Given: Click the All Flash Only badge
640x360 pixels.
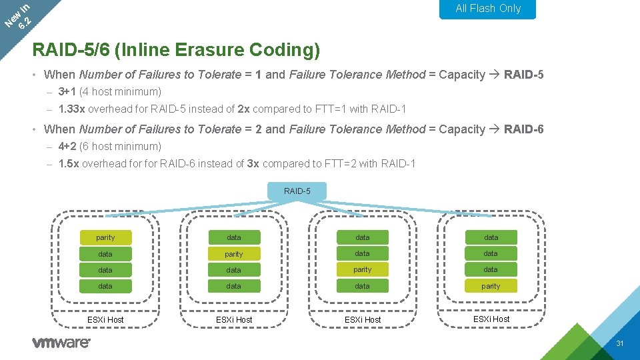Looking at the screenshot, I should [x=488, y=9].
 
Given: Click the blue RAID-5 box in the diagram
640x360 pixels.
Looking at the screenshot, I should [x=297, y=191].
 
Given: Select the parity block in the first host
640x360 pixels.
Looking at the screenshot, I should [x=105, y=237].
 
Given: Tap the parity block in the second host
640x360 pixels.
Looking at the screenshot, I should [x=234, y=254].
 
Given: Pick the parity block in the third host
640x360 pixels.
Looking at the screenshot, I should [x=363, y=270].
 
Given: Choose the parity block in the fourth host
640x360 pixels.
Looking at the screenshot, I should [x=491, y=286].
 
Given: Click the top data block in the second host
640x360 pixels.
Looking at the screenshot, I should [x=234, y=237].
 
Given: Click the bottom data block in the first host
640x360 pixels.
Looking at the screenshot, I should [x=105, y=286].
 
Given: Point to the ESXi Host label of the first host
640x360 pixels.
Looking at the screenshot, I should [x=105, y=319].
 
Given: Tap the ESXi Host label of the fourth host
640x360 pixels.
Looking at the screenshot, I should [x=491, y=319].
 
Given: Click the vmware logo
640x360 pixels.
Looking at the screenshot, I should [x=61, y=343].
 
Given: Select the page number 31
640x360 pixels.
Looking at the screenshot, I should [x=619, y=344].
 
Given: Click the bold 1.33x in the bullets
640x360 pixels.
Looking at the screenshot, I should [x=69, y=109].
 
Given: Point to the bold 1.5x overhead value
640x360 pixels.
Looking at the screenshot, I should [x=67, y=164].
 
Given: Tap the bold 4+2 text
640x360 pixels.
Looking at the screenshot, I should [x=67, y=147].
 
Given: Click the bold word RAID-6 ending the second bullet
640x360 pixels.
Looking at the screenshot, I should [x=524, y=129].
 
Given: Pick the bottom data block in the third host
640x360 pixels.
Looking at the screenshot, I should [x=363, y=286].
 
